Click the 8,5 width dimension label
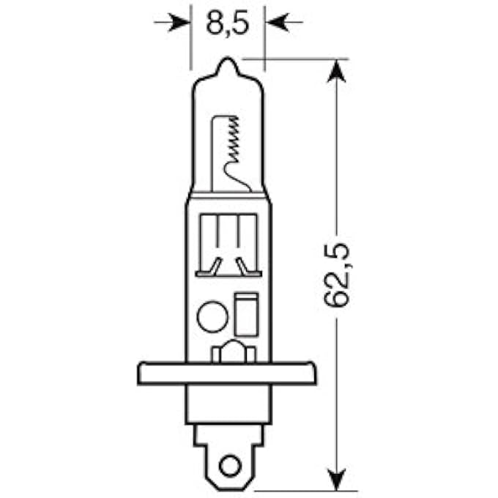coord(228,23)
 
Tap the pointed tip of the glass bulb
coord(228,64)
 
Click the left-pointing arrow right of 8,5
coord(282,23)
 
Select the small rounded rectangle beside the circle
coord(245,313)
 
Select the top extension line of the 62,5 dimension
coord(300,59)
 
